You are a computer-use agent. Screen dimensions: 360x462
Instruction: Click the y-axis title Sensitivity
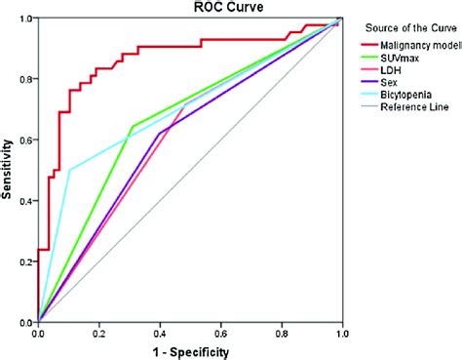coord(8,170)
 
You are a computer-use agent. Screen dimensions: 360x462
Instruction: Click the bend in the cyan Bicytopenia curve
coord(70,170)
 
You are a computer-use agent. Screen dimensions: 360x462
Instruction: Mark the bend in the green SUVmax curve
coord(131,127)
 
